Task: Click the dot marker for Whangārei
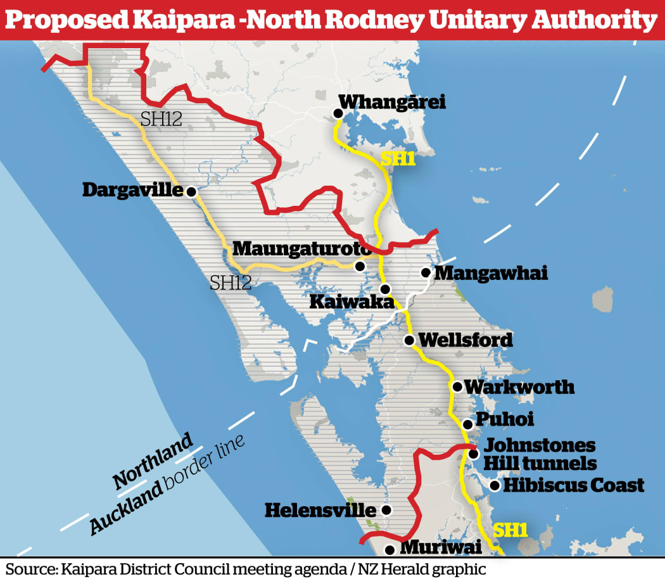(338, 114)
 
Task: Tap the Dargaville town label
(132, 190)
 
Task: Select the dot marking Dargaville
(191, 191)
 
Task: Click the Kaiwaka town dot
(385, 289)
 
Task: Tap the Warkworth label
(519, 386)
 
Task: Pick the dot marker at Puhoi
(467, 424)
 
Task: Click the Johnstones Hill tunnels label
(540, 454)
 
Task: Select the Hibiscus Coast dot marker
(494, 486)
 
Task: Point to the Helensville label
(320, 509)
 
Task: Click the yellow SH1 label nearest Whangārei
(397, 158)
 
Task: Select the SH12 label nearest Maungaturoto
(231, 283)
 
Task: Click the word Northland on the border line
(153, 461)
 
